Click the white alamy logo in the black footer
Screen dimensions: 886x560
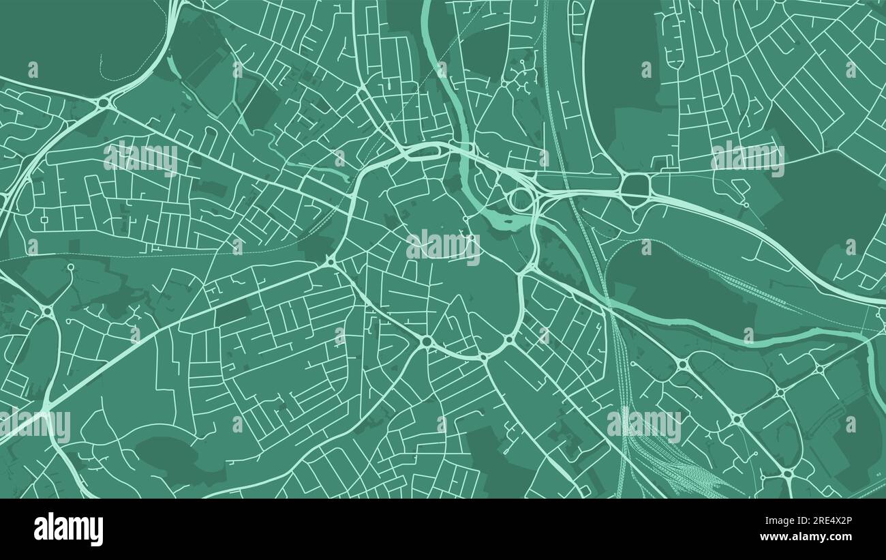coord(68,529)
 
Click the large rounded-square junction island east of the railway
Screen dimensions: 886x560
coord(635,184)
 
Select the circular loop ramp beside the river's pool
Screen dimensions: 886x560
coord(521,200)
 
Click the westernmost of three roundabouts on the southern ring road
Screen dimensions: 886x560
coord(427,340)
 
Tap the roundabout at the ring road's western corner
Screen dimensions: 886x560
coord(332,261)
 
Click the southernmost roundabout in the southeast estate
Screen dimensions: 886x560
coord(787,473)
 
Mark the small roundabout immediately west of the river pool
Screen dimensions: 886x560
coord(466,219)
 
